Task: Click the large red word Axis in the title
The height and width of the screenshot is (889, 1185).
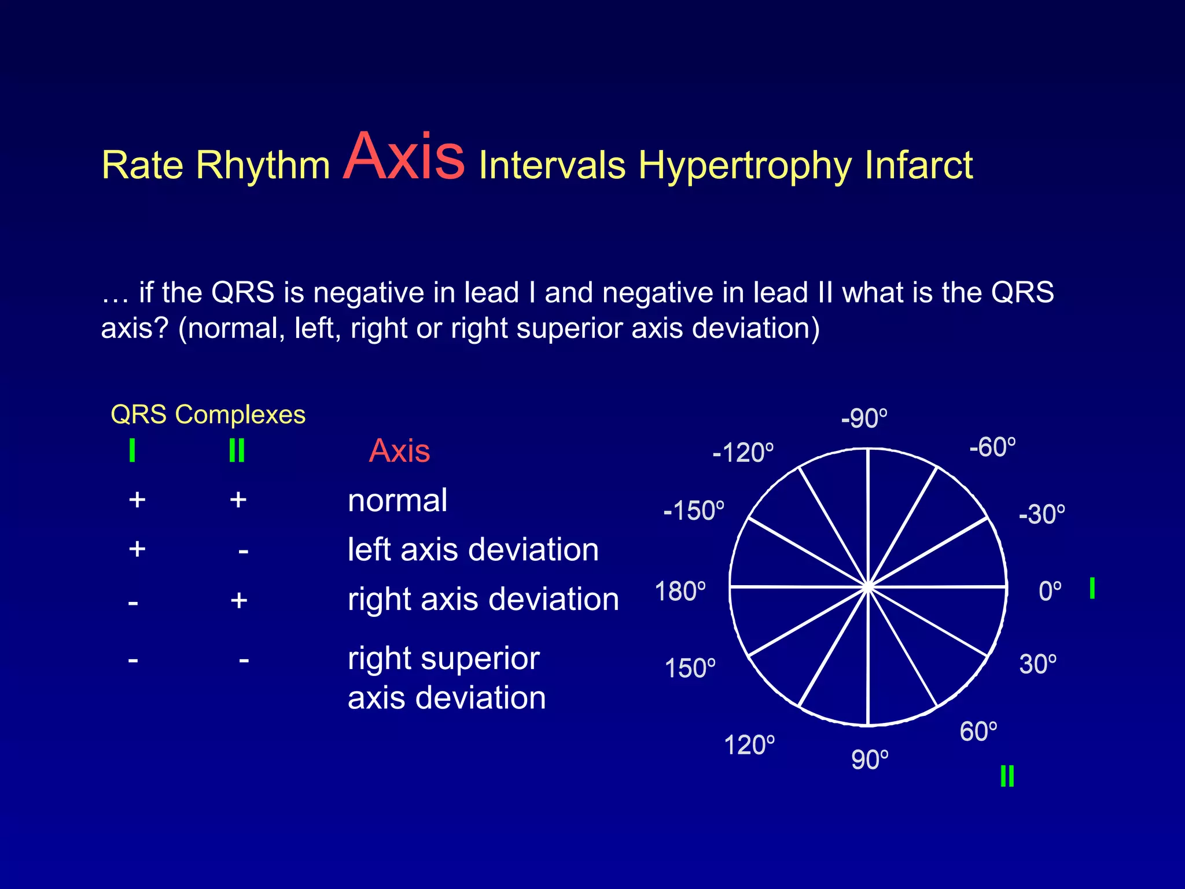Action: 403,157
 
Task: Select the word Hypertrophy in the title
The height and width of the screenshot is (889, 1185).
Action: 745,166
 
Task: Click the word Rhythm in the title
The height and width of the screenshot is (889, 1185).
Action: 263,166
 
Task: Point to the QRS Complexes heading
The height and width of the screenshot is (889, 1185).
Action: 208,415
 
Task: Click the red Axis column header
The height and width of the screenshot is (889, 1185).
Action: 399,451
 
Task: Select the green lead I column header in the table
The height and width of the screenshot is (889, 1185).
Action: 132,450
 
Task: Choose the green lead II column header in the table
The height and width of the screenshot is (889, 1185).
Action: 237,450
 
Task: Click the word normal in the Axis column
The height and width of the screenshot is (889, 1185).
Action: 398,500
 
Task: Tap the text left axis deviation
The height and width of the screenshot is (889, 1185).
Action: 473,549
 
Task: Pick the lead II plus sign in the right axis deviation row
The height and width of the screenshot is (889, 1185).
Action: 238,600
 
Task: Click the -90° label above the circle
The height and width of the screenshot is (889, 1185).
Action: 864,418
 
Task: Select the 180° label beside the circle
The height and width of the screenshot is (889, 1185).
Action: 680,592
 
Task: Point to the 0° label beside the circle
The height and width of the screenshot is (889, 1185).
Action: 1050,592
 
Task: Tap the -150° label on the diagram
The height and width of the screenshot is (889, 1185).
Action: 693,511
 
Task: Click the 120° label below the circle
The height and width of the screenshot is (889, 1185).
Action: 749,745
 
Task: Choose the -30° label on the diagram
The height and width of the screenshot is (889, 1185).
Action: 1042,514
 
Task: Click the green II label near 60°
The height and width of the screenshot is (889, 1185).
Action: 1007,776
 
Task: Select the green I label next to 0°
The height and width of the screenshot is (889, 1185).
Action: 1092,589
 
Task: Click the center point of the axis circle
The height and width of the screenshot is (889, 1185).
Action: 868,587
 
